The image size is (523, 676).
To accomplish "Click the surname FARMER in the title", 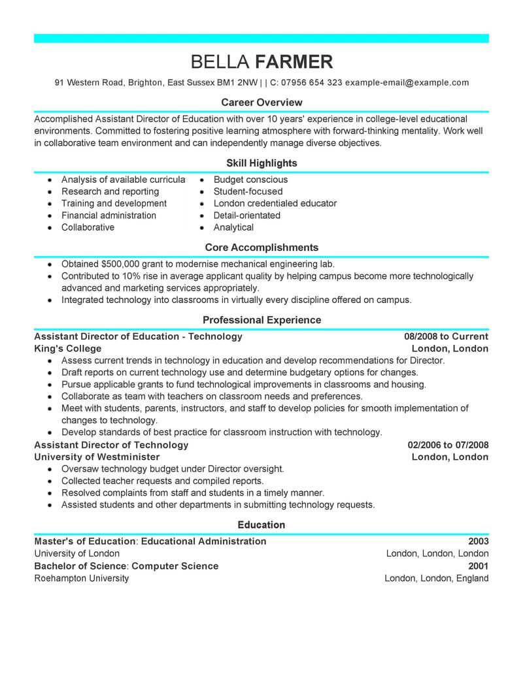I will tap(294, 62).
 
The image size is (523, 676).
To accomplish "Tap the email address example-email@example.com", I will tap(407, 83).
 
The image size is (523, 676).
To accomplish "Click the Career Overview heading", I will tap(261, 103).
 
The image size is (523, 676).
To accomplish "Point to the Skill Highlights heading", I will tap(261, 163).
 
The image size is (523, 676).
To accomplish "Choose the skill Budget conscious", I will tap(250, 180).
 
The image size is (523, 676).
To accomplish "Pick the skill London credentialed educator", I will tap(275, 203).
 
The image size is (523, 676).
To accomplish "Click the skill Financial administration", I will tap(109, 216).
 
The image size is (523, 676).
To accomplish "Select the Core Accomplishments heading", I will tap(261, 248).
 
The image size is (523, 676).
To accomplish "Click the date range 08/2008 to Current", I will tap(446, 336).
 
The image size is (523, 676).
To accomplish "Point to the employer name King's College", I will tap(67, 349).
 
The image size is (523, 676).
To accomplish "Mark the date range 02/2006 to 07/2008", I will tap(448, 445).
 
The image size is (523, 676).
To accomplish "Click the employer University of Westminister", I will tap(97, 457).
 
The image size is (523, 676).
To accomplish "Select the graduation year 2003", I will tap(479, 541).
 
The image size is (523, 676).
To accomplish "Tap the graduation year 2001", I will tap(479, 566).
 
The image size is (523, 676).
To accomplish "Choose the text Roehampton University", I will tap(81, 578).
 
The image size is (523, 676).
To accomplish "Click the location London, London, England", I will tap(436, 578).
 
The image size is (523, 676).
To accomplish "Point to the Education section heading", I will tap(261, 524).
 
